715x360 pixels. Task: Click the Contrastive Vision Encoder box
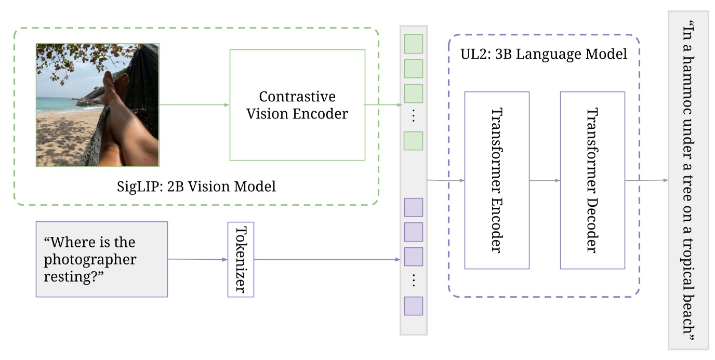click(x=297, y=105)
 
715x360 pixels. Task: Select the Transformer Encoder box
click(x=496, y=180)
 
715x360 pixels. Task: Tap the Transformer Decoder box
click(x=592, y=180)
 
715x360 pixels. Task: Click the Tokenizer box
click(x=241, y=259)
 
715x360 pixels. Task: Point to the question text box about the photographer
click(x=101, y=259)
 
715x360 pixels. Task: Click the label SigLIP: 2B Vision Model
click(x=196, y=186)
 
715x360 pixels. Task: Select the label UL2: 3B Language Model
click(x=544, y=54)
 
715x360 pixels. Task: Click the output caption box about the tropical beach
click(x=688, y=180)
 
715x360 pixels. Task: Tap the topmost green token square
click(x=413, y=44)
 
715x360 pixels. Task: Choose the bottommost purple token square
click(x=413, y=306)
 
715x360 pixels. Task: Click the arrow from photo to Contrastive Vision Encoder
click(x=194, y=105)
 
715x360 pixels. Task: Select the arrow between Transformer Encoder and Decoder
click(x=544, y=180)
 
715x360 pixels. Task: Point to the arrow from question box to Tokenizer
click(x=197, y=259)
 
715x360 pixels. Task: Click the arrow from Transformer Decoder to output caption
click(x=646, y=180)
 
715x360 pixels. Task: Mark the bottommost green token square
click(x=413, y=141)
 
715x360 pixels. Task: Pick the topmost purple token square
click(x=413, y=207)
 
